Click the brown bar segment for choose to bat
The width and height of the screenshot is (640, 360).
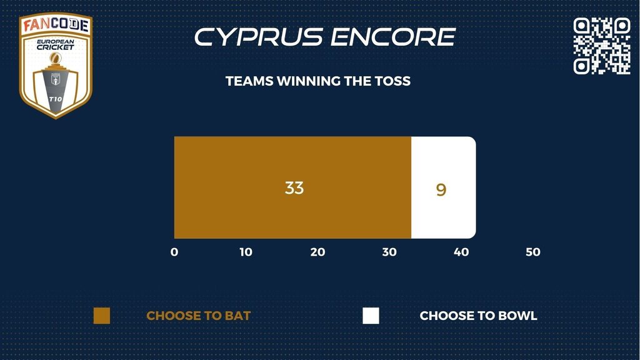292,187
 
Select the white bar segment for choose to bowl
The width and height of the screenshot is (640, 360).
444,187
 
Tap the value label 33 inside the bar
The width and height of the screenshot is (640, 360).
294,187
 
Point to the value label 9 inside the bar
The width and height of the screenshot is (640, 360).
441,190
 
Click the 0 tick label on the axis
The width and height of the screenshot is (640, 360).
174,252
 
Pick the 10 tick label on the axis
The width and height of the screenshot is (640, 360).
246,252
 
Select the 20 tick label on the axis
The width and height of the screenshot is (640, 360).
317,252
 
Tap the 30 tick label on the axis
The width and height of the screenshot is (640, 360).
389,252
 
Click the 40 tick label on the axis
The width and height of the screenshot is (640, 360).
461,252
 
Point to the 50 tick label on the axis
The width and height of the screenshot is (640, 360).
533,252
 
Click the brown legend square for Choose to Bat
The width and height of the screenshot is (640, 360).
102,316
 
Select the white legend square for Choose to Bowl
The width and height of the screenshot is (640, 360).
371,316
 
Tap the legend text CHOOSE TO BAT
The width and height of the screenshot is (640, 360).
198,316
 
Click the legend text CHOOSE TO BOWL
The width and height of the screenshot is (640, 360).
478,316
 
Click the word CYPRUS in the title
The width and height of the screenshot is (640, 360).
259,37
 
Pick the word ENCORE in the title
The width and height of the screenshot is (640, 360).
393,37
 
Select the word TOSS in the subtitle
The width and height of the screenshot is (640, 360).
391,81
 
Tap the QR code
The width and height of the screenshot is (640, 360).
602,46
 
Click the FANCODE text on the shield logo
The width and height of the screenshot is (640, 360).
56,25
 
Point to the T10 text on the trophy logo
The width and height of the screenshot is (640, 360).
56,99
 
